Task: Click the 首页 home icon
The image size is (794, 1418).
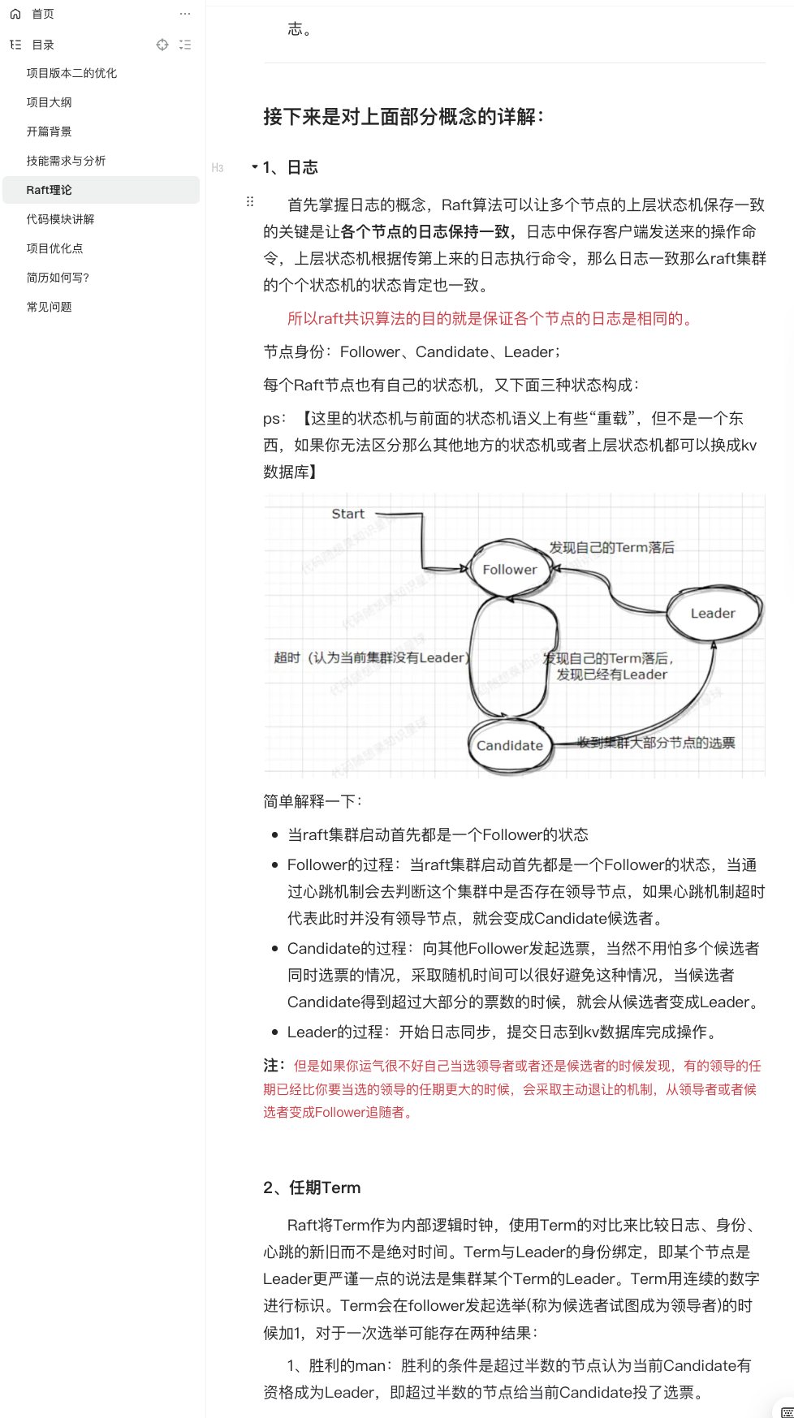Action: click(x=15, y=14)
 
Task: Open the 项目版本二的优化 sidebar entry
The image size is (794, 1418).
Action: click(x=71, y=73)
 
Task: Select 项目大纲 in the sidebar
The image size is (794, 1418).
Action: click(x=49, y=102)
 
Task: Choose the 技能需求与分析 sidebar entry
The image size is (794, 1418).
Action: click(x=66, y=161)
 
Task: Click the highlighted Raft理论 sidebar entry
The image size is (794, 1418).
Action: click(x=49, y=190)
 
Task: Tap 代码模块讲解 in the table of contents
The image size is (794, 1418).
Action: click(x=60, y=219)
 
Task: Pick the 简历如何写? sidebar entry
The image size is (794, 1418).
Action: click(x=58, y=278)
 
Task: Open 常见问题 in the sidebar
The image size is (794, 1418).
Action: click(x=49, y=307)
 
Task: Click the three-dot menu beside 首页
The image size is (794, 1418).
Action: click(x=185, y=14)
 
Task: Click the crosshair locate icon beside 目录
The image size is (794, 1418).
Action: click(x=162, y=45)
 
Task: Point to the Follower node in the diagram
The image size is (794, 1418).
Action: click(x=509, y=570)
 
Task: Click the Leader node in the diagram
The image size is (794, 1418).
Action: click(x=713, y=614)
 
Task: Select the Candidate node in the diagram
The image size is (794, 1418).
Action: click(x=509, y=745)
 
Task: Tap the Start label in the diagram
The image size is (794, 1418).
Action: click(x=347, y=514)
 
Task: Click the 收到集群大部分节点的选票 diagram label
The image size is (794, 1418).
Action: click(x=655, y=743)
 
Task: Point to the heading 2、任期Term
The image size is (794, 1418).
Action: click(x=312, y=1187)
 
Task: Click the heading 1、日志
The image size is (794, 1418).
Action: click(x=291, y=167)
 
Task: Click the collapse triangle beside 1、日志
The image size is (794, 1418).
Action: click(x=254, y=167)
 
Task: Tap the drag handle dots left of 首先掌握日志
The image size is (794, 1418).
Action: click(x=250, y=201)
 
